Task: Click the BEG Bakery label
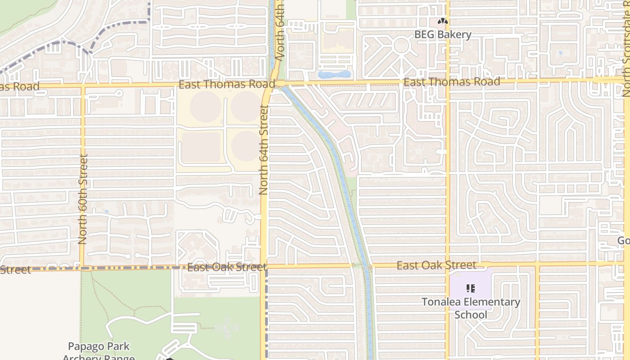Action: click(x=442, y=35)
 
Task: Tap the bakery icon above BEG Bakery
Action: click(x=443, y=21)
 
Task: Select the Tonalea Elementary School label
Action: click(x=471, y=308)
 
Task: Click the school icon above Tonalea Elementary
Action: click(x=471, y=288)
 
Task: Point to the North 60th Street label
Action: click(x=82, y=199)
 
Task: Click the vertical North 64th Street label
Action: click(x=264, y=150)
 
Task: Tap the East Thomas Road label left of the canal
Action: click(x=226, y=85)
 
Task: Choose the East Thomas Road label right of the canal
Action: click(x=451, y=82)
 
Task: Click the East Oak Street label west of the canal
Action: click(x=227, y=267)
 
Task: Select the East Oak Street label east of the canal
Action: click(x=436, y=265)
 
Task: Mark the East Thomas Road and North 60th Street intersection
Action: click(x=83, y=85)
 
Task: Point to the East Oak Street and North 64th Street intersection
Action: click(x=264, y=266)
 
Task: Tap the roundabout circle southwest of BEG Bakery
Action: click(x=401, y=46)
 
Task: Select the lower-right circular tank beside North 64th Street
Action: click(x=245, y=146)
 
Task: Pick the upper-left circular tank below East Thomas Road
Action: click(x=205, y=106)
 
